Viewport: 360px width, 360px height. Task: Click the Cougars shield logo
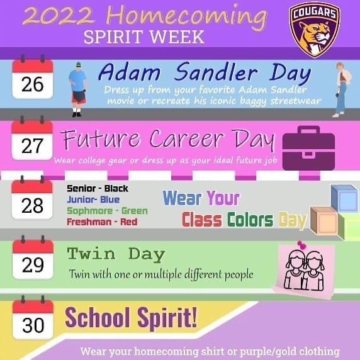(315, 30)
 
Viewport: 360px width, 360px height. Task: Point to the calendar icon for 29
(33, 257)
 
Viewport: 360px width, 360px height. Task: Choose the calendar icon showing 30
(33, 318)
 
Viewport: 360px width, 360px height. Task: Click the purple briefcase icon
(308, 148)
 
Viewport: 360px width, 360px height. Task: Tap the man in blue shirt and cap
(78, 89)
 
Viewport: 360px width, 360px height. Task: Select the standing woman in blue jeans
(342, 89)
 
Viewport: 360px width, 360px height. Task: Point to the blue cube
(344, 198)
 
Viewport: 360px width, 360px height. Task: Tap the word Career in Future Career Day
(186, 138)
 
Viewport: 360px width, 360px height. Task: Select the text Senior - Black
(98, 189)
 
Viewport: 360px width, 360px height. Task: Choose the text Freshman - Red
(102, 222)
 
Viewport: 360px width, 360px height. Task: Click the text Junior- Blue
(93, 200)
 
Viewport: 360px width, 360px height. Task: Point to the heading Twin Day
(116, 254)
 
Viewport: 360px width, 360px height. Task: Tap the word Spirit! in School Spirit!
(167, 318)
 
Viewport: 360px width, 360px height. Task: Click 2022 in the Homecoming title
(59, 16)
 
